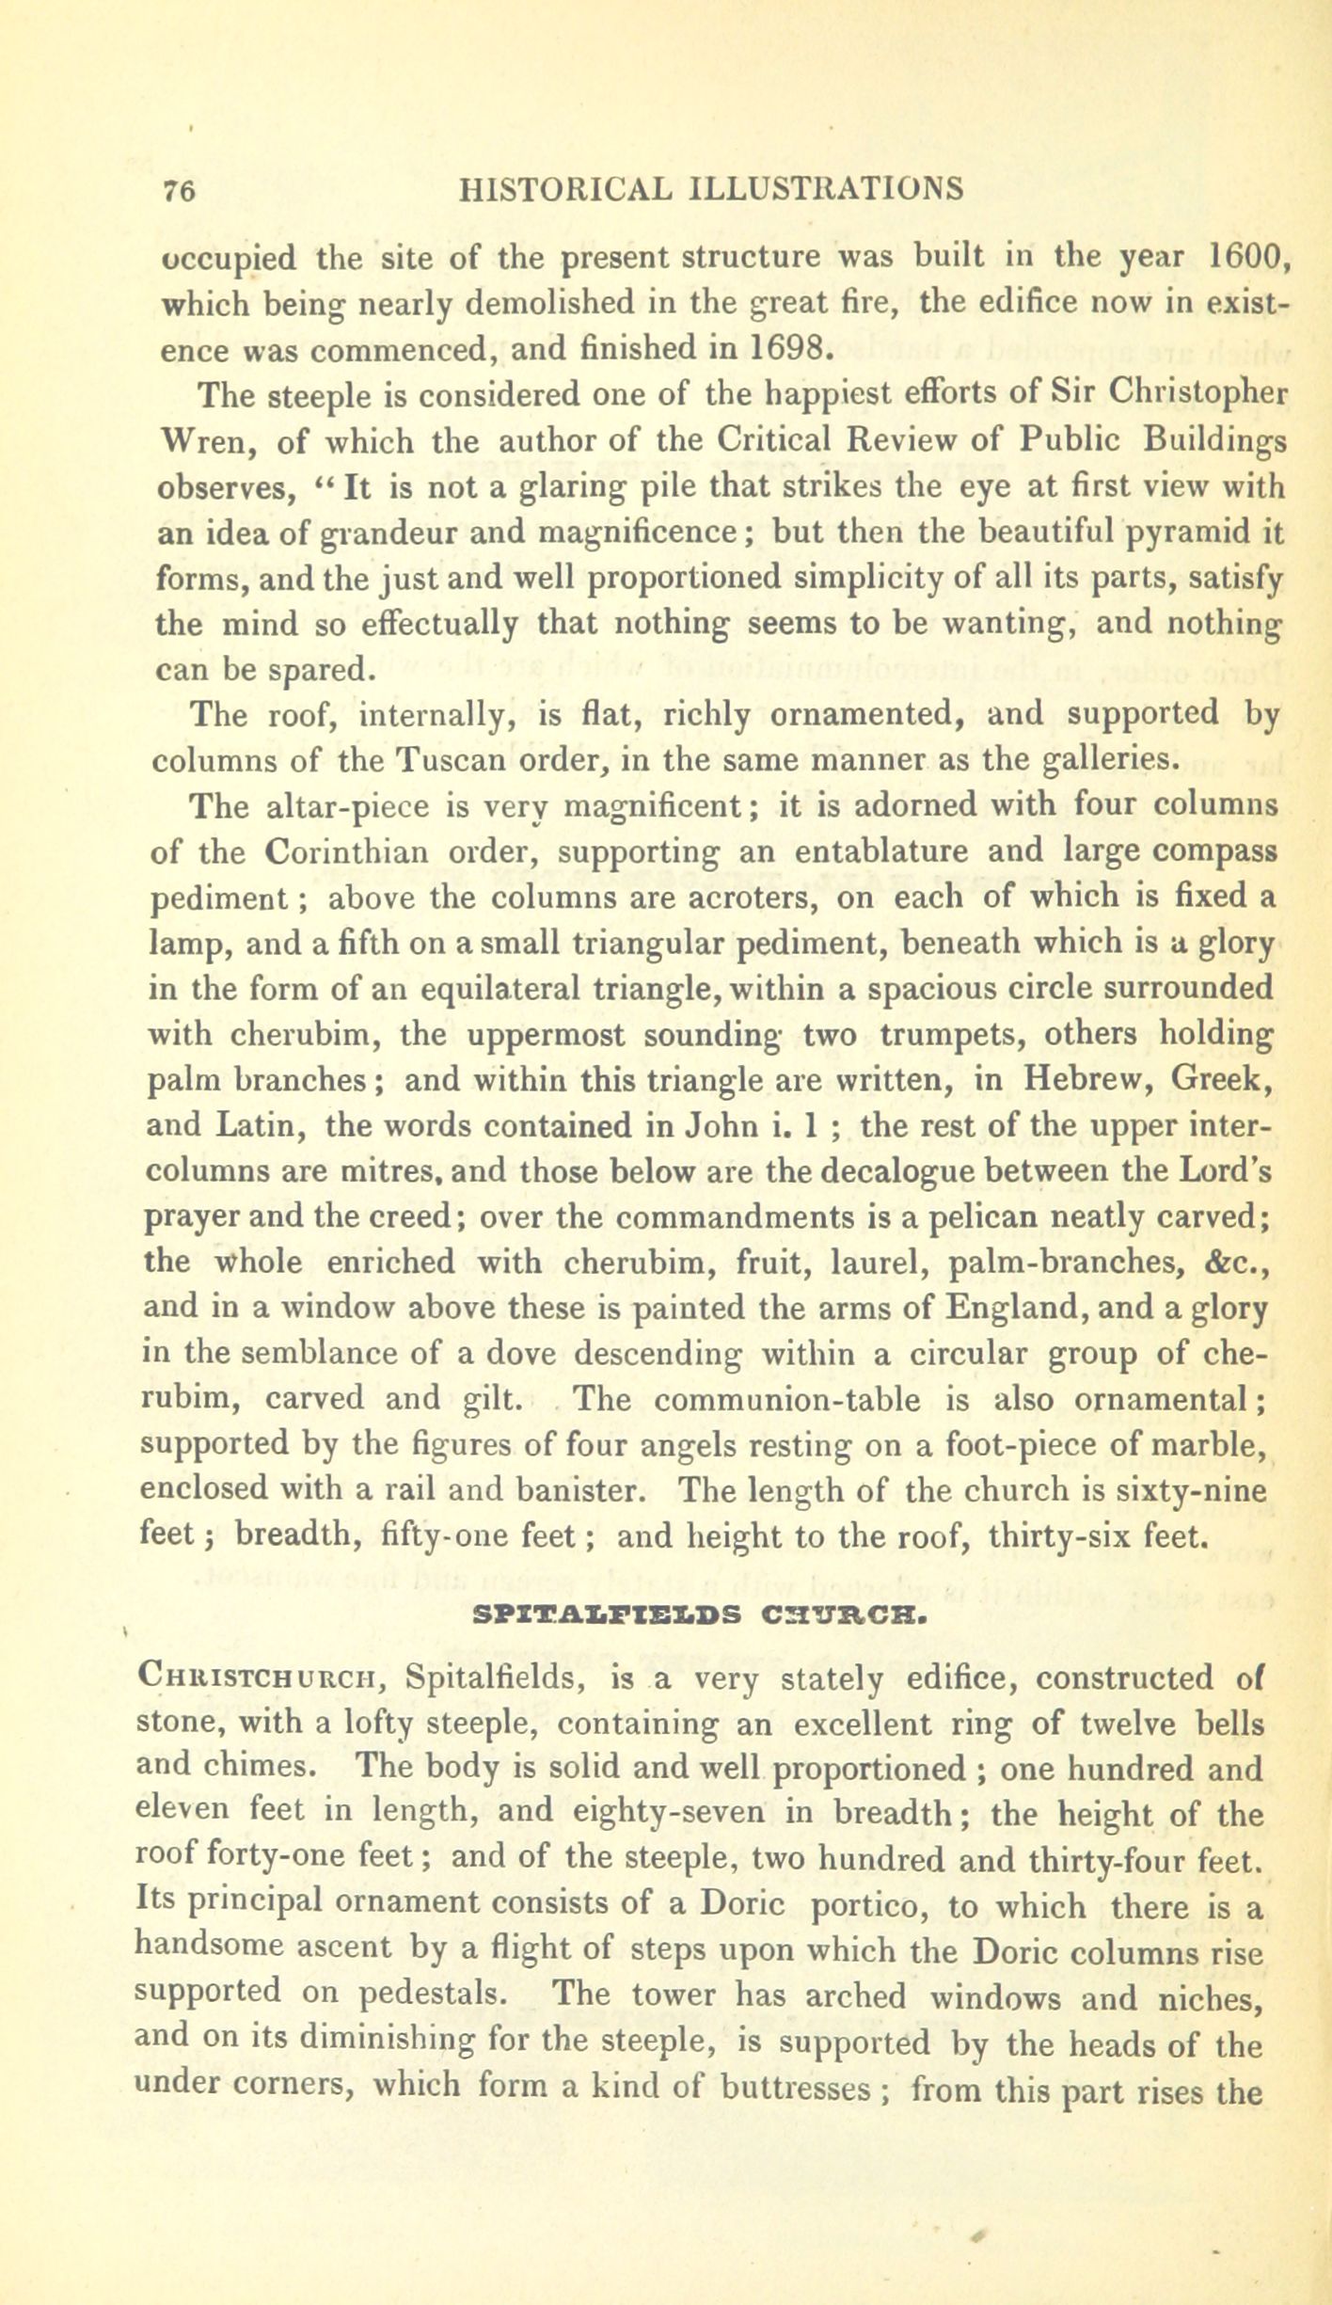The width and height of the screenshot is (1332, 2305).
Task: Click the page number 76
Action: [178, 190]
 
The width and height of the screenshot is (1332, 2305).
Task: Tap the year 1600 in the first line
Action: [1243, 256]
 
